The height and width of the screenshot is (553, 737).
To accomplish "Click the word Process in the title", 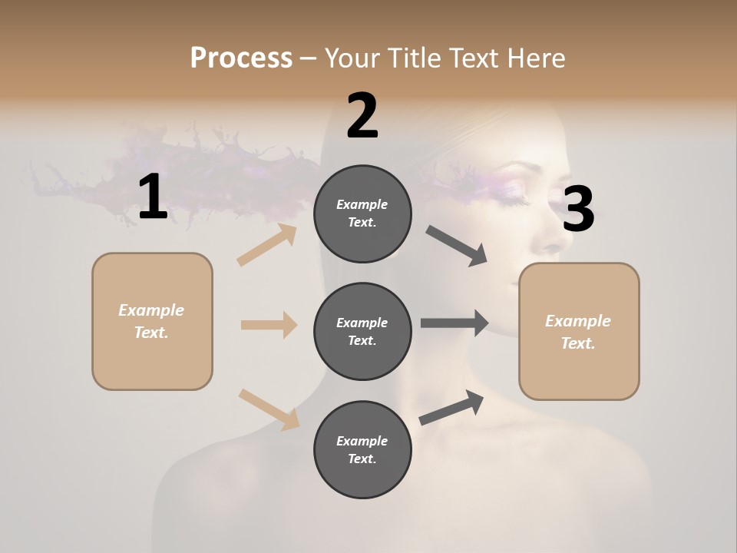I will coord(241,58).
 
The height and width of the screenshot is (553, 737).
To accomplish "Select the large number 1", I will coord(153,197).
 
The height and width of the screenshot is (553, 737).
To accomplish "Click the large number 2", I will coord(362,116).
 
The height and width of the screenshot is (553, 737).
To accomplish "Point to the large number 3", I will coord(578,209).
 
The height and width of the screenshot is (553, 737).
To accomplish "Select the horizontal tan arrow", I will coord(269,325).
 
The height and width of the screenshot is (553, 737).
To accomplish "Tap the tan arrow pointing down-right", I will coord(269,409).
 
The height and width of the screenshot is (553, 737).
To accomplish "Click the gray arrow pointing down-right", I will coord(457,246).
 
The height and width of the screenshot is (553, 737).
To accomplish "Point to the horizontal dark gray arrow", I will coord(454,323).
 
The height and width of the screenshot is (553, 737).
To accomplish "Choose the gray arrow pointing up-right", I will coord(451,407).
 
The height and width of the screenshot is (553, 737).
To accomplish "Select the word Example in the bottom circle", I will coord(362,441).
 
